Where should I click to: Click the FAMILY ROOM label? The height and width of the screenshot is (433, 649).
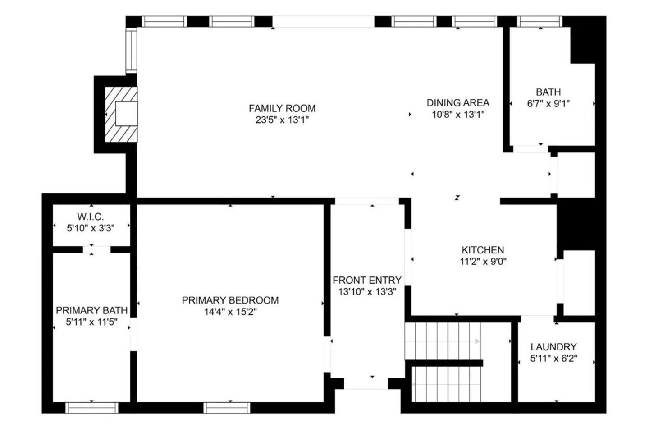click(x=282, y=108)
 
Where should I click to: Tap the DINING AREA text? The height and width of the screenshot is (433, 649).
click(x=458, y=103)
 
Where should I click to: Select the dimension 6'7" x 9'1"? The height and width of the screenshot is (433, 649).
click(x=548, y=104)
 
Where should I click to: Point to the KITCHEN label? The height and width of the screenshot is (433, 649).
click(x=483, y=250)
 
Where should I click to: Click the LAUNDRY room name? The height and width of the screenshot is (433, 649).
click(x=553, y=346)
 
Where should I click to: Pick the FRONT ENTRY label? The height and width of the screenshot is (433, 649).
click(x=367, y=280)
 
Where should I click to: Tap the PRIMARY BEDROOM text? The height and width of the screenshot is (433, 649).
click(x=230, y=300)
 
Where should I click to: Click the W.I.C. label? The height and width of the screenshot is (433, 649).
click(x=91, y=216)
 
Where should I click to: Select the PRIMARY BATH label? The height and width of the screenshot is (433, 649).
click(x=91, y=310)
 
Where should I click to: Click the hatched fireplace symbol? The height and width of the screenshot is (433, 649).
click(x=121, y=114)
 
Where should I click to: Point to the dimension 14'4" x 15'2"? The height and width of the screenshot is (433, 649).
click(x=230, y=312)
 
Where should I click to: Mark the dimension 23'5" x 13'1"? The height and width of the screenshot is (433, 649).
click(x=282, y=120)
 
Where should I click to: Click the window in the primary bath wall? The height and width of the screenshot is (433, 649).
click(x=91, y=407)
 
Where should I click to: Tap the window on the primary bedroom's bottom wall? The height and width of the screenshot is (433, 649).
click(x=227, y=407)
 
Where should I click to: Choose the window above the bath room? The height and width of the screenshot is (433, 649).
click(x=539, y=22)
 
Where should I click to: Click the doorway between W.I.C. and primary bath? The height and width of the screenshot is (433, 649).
click(x=97, y=249)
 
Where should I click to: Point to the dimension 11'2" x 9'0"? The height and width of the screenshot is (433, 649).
click(x=483, y=262)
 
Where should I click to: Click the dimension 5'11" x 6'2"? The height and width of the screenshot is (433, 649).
click(x=553, y=359)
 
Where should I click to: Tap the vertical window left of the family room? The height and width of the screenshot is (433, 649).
click(x=131, y=51)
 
